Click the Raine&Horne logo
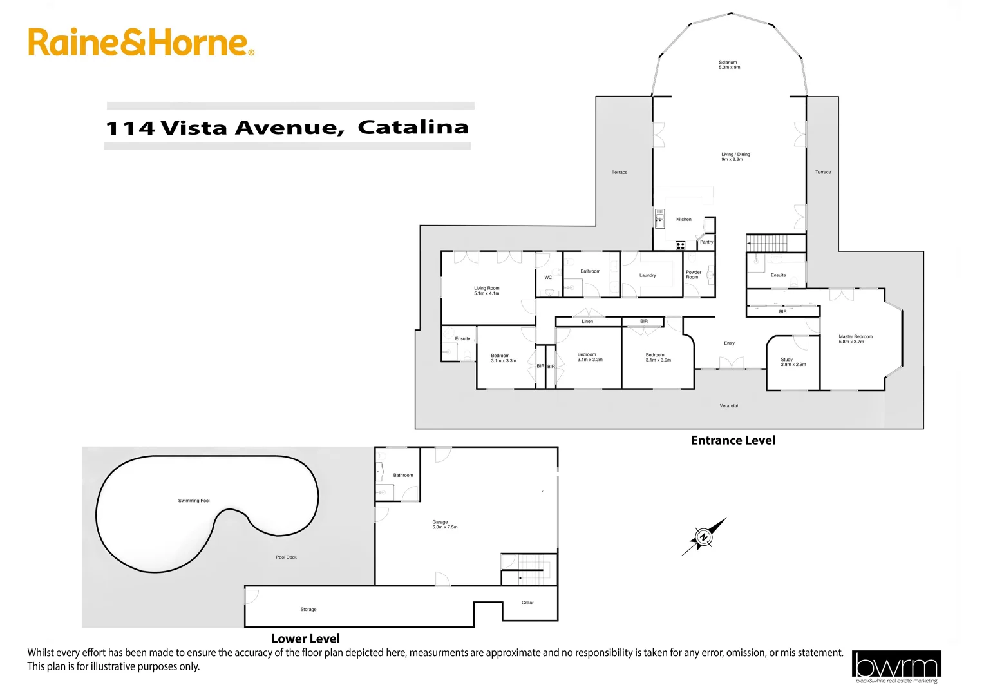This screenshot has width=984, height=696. tap(140, 43)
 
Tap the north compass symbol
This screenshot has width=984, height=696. tap(704, 537)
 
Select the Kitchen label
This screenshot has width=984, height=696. tap(684, 220)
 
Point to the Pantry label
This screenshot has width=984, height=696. tap(706, 242)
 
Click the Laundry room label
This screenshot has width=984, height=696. tap(647, 276)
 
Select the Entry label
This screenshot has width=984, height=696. tap(729, 343)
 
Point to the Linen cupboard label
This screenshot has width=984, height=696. tap(587, 322)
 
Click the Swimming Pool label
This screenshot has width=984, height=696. tap(194, 501)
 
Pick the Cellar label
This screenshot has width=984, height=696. tap(527, 603)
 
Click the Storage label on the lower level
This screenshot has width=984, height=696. tap(308, 610)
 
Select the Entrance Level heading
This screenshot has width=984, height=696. tap(733, 441)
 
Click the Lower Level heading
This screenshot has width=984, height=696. tap(305, 639)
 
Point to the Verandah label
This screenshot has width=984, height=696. tap(729, 406)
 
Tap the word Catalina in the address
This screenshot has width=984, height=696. tap(413, 127)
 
